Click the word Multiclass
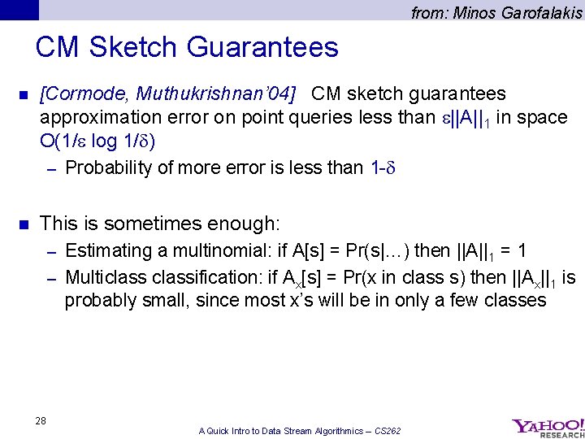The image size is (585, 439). point(104,277)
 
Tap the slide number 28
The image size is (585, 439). point(41,420)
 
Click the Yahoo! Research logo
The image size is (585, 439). point(547,427)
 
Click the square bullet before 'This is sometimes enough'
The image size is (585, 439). point(23,224)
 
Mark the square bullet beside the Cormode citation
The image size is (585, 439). point(23,95)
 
